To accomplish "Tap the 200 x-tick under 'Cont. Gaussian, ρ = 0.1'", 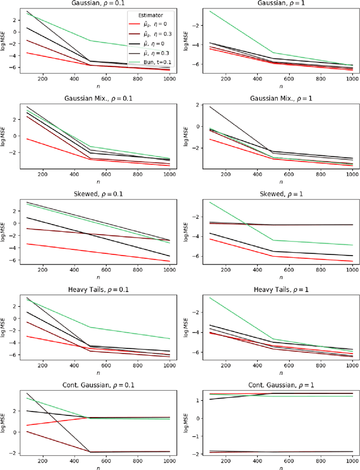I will pyautogui.click(x=42, y=459).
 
